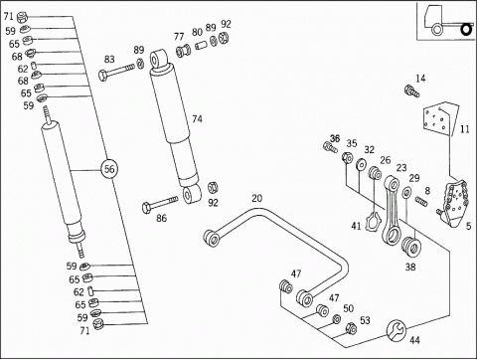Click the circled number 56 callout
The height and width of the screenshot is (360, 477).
pos(109,169)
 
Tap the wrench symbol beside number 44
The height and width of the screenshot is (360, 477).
pos(396,330)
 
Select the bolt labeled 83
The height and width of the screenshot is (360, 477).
pos(116,72)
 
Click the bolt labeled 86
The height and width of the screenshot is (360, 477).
pos(160,203)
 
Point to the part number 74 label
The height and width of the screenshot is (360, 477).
pos(197,118)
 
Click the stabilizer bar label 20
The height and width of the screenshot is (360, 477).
pos(257,198)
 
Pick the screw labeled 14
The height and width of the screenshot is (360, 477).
pos(411,90)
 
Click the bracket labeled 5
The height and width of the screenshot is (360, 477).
pos(454,204)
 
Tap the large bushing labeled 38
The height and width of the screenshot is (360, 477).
pos(410,246)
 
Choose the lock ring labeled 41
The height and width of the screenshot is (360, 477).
pos(372,221)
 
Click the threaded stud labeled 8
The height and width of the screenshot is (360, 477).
pos(421,201)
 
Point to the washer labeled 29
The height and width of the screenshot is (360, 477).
pos(406,192)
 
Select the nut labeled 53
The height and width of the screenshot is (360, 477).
pos(351,328)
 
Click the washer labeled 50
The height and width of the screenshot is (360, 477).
pos(337,319)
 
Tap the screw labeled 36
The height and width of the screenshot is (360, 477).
pos(330,147)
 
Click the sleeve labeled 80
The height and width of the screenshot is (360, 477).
pos(201,45)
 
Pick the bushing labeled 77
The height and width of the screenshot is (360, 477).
pos(184,50)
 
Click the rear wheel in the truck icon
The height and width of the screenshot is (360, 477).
pos(466,30)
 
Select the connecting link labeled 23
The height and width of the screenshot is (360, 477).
pos(392,211)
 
